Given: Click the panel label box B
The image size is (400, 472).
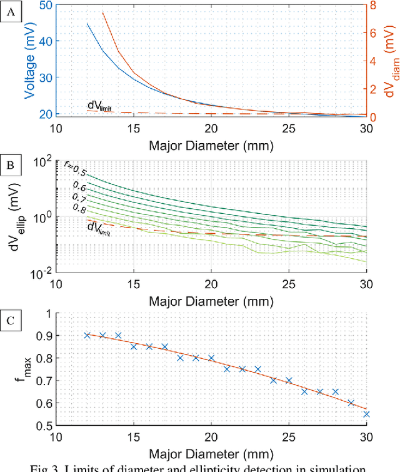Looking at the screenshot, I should click(x=11, y=167).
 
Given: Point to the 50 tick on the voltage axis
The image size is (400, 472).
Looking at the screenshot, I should click(x=46, y=4).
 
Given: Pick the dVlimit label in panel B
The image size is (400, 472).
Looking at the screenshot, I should click(x=99, y=228).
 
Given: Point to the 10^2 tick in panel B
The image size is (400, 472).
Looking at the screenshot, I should click(x=42, y=161).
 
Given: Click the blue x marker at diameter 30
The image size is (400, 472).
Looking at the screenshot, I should click(x=366, y=414).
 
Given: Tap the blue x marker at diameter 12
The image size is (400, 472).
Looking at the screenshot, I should click(x=87, y=335).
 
